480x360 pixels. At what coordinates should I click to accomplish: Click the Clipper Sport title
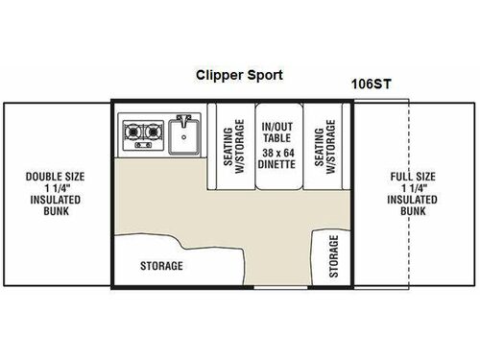pyautogui.click(x=238, y=75)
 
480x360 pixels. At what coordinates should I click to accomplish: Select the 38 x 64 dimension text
pyautogui.click(x=279, y=153)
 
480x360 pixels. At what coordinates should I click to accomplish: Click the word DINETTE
pyautogui.click(x=279, y=164)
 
